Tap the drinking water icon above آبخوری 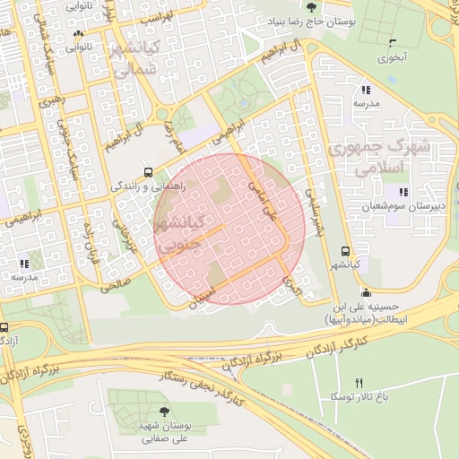click(392, 42)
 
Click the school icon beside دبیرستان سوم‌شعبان click(404, 192)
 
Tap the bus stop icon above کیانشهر click(346, 252)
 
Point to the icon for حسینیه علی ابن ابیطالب click(366, 292)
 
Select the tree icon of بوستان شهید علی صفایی click(162, 412)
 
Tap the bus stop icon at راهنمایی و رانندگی click(148, 173)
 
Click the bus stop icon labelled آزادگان click(4, 328)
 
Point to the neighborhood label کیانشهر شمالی click(137, 59)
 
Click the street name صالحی click(117, 281)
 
